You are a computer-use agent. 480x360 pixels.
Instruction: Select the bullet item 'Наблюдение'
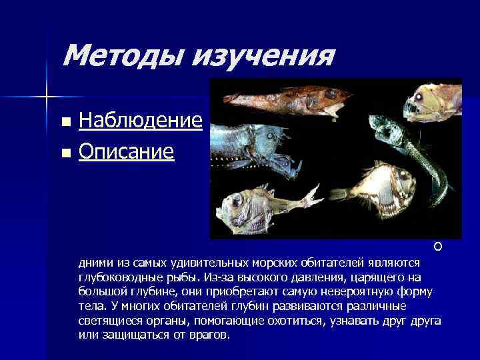pos(140,121)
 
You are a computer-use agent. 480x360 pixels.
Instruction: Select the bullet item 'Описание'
pos(126,152)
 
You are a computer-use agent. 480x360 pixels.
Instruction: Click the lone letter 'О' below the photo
pos(437,248)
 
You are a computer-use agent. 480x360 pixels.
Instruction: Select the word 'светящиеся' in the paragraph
pos(107,322)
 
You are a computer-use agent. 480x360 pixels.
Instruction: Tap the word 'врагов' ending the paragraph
pos(207,335)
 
